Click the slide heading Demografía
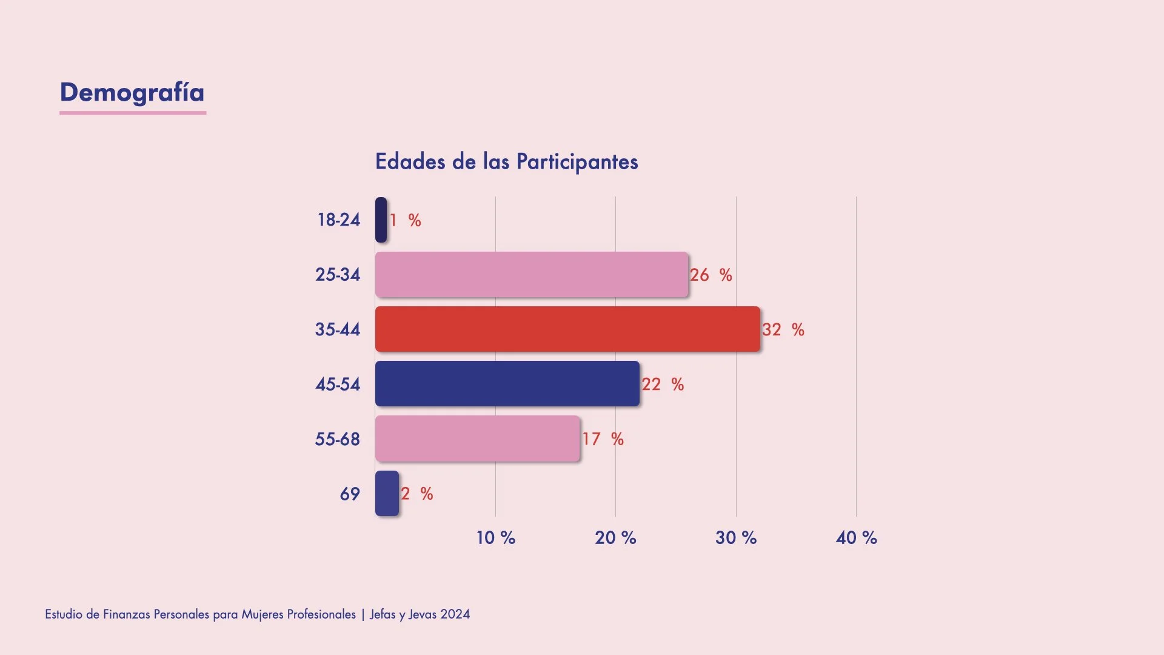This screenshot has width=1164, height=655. (x=132, y=92)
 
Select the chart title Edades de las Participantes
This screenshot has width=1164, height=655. (x=506, y=162)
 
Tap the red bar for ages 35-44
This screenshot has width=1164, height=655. (x=567, y=329)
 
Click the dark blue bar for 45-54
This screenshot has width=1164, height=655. (x=507, y=384)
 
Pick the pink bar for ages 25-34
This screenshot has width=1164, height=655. (x=531, y=275)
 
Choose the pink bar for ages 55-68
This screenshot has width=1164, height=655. (x=477, y=438)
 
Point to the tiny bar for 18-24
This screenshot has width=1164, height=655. (x=381, y=220)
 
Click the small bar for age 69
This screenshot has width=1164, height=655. (x=387, y=494)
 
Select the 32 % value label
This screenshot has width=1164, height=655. (x=783, y=329)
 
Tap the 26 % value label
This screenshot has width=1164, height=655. (x=711, y=275)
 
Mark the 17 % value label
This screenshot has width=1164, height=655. (x=603, y=438)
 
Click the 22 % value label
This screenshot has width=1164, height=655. (x=663, y=384)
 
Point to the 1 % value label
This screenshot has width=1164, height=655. (x=405, y=220)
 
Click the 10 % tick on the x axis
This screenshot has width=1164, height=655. (x=495, y=537)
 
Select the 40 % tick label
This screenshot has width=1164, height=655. (x=856, y=537)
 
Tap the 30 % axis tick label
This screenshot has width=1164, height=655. (x=735, y=537)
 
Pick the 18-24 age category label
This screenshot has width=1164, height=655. (x=338, y=220)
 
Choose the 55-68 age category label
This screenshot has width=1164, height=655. (x=337, y=438)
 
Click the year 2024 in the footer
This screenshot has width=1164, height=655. (x=455, y=614)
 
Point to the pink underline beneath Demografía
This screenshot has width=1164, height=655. (x=133, y=112)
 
